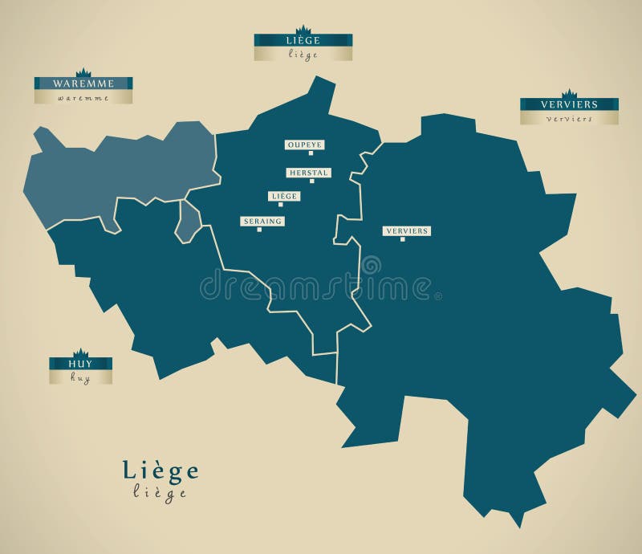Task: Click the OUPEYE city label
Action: click(304, 145)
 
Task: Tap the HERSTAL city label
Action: click(308, 173)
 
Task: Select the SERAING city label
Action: click(262, 221)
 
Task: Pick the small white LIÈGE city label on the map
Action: click(284, 196)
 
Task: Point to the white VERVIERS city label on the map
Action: click(406, 230)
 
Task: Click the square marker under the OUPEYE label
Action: click(311, 153)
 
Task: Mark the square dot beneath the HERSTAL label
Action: click(312, 181)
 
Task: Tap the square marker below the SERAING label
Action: click(259, 230)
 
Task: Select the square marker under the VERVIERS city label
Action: click(403, 239)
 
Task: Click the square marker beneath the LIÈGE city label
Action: click(280, 205)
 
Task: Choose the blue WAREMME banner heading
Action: click(83, 83)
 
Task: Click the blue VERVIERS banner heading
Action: click(569, 104)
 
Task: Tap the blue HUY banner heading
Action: click(80, 363)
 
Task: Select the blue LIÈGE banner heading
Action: click(303, 39)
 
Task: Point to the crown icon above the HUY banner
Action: click(80, 352)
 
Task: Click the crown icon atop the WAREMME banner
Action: click(83, 72)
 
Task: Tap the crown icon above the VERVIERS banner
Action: click(569, 93)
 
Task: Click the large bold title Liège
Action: click(160, 470)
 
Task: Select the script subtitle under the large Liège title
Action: click(160, 493)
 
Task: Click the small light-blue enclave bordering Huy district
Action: click(188, 221)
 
